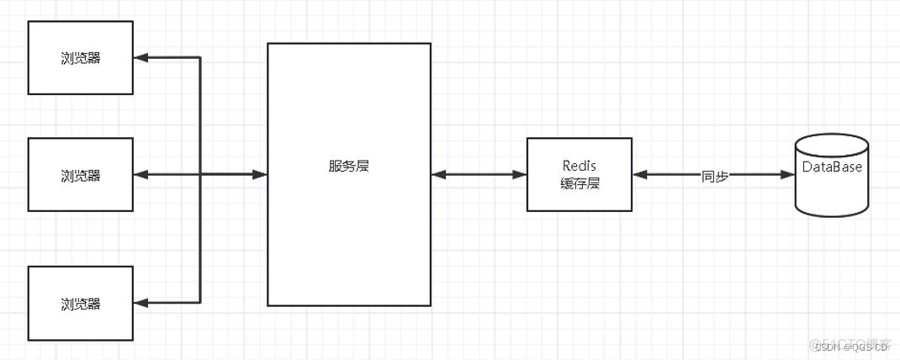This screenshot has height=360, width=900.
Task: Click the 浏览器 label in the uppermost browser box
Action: click(81, 59)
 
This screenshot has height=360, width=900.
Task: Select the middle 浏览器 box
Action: click(81, 175)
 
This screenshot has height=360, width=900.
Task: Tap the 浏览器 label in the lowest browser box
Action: click(81, 304)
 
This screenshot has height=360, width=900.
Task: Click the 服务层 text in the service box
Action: click(349, 167)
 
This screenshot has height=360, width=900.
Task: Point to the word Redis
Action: click(580, 166)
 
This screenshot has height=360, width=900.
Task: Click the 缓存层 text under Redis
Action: click(580, 183)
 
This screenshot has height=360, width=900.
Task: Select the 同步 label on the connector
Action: click(715, 175)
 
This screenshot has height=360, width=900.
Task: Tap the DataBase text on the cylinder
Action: click(831, 167)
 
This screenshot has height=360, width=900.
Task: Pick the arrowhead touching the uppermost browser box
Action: click(140, 58)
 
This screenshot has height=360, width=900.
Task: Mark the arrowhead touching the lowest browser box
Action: click(140, 302)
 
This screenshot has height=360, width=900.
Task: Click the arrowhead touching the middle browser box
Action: click(140, 175)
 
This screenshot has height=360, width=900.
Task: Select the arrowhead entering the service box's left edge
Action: click(260, 175)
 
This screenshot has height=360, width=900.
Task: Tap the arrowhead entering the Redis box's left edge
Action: click(520, 175)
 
